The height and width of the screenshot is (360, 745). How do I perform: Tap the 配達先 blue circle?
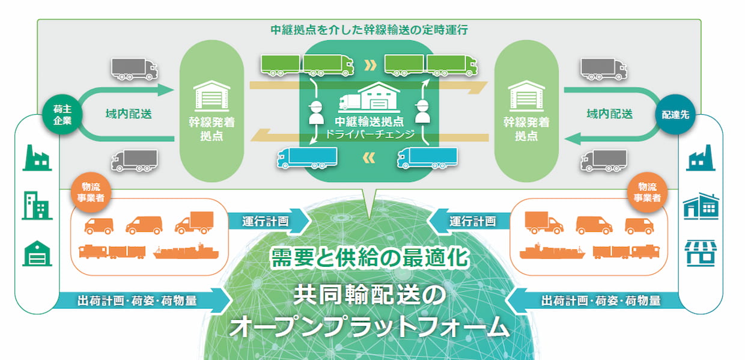click(675, 114)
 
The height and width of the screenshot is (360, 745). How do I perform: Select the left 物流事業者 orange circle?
click(91, 192)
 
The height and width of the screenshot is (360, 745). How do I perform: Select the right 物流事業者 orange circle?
click(647, 192)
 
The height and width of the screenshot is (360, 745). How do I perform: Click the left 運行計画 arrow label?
click(265, 221)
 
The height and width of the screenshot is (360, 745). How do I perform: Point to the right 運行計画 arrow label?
click(473, 221)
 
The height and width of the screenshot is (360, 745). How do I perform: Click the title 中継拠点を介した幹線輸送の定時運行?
click(369, 30)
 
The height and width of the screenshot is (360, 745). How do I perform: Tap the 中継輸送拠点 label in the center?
click(369, 122)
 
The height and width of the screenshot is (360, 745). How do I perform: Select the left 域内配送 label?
click(129, 114)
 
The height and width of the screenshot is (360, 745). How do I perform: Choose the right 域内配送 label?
click(610, 114)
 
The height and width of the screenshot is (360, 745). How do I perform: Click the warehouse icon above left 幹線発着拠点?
click(212, 96)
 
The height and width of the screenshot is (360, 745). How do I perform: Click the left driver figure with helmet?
click(316, 112)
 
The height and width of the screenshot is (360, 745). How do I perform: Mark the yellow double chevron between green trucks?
click(370, 66)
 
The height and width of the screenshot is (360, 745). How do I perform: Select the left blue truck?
click(307, 157)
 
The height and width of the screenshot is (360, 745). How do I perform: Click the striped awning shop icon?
click(701, 253)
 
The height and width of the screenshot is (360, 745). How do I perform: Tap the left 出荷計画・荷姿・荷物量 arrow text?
click(137, 301)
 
